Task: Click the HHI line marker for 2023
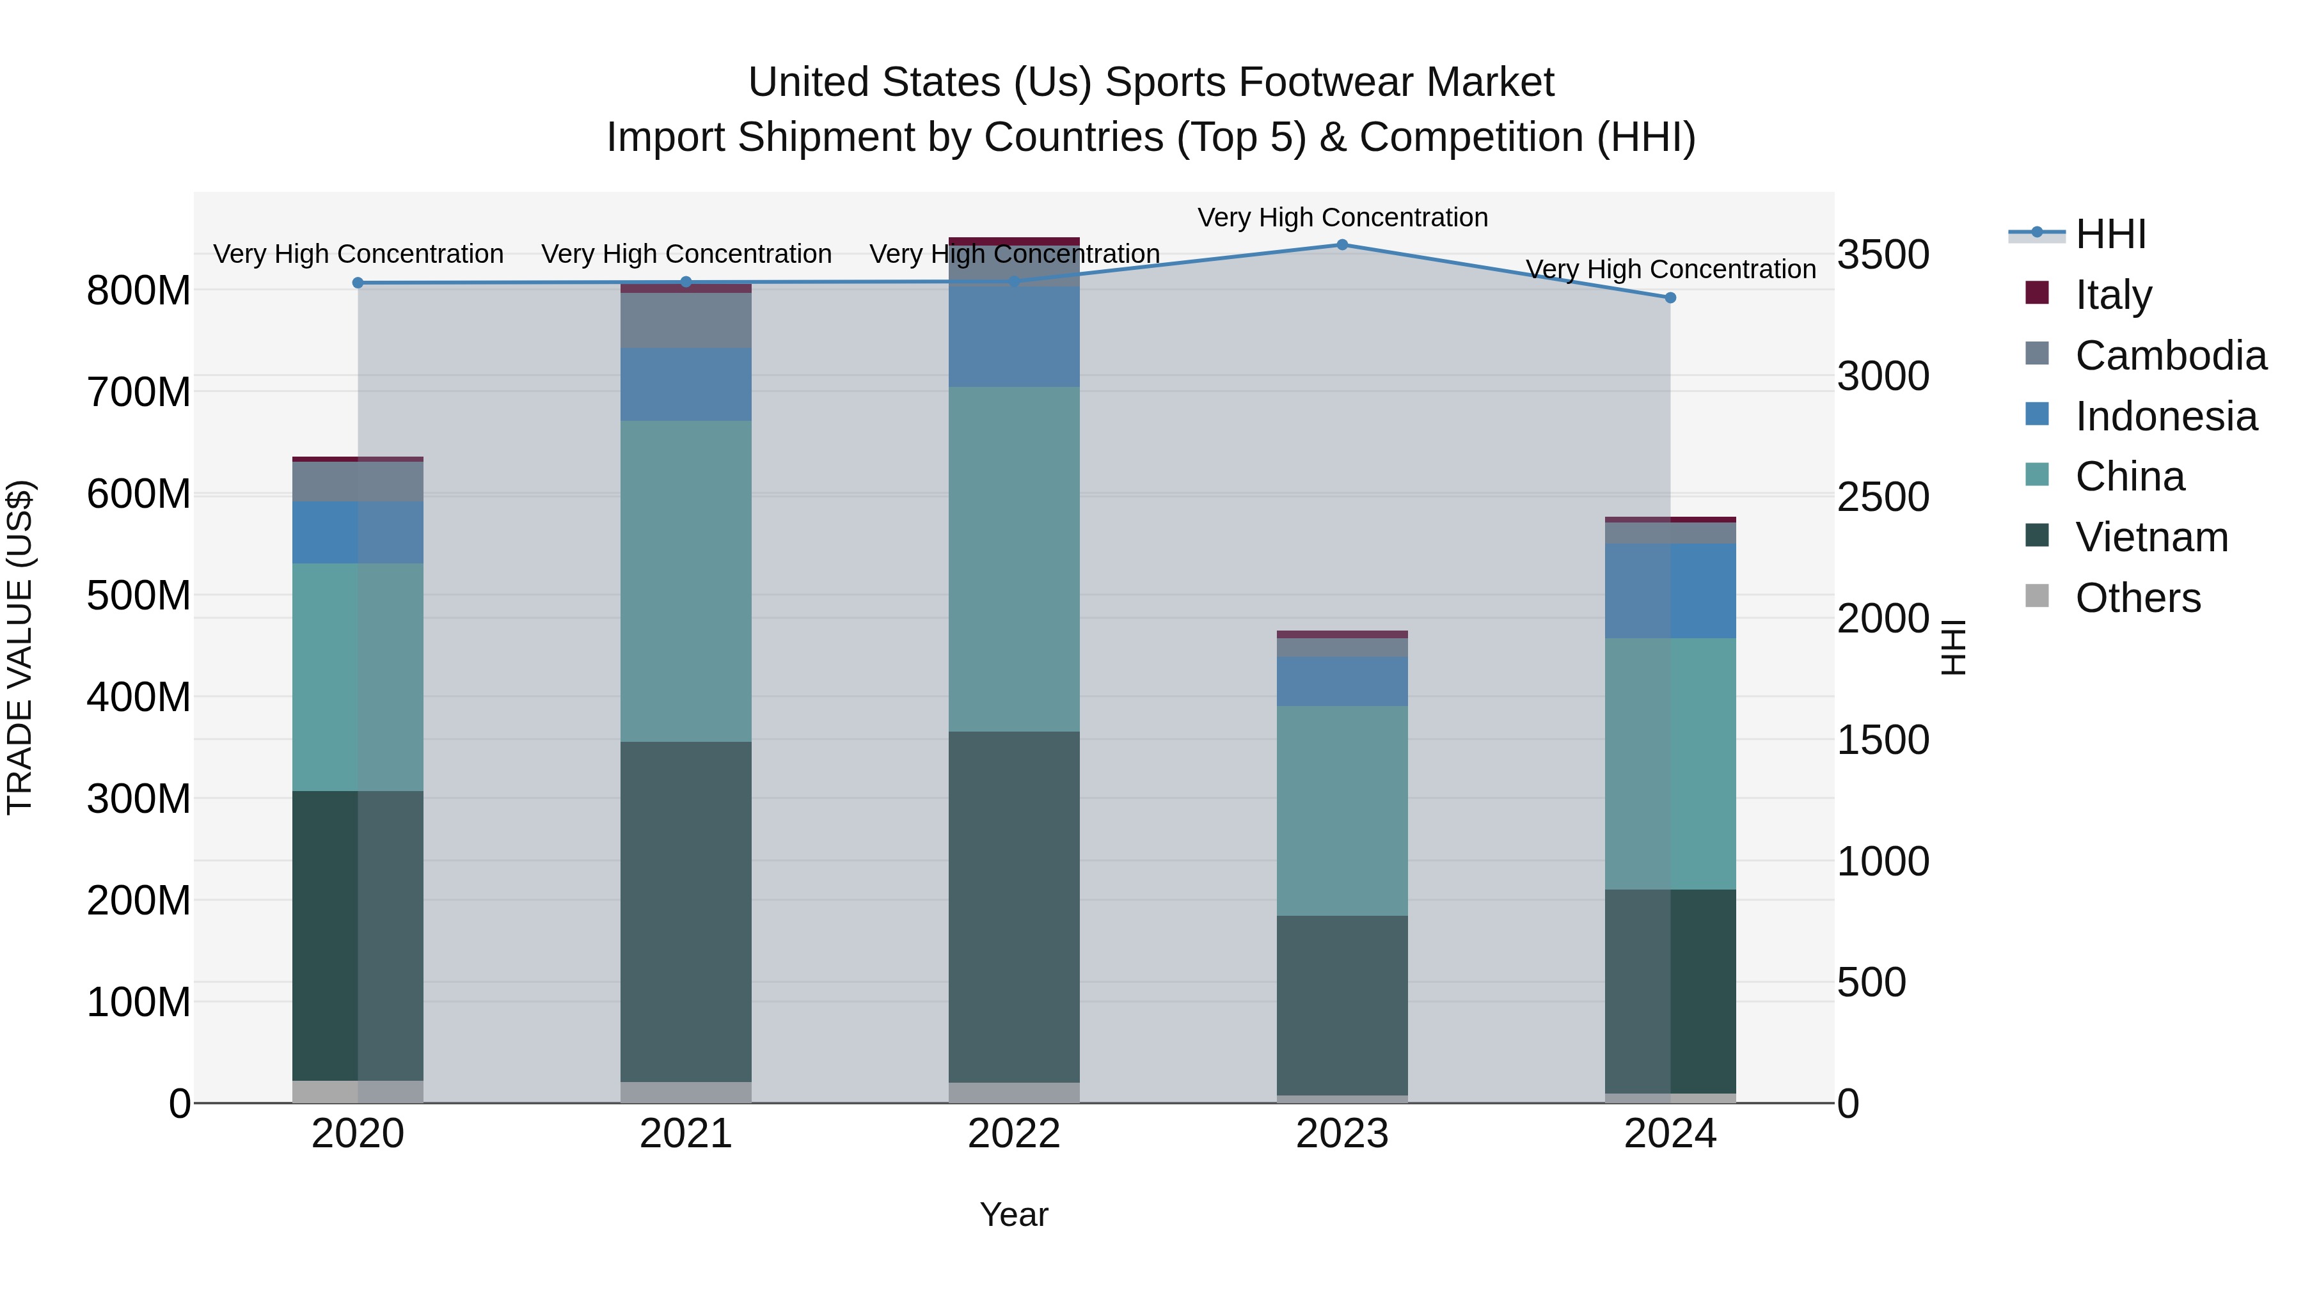point(1342,245)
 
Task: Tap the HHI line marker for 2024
point(1670,297)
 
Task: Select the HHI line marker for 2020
point(358,283)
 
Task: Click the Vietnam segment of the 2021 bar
point(686,911)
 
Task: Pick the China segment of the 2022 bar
point(1014,558)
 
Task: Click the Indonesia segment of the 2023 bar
point(1342,681)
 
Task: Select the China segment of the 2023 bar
point(1342,811)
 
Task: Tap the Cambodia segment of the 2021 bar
point(686,320)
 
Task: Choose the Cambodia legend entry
point(2170,356)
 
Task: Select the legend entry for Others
point(2137,598)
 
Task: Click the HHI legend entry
point(2110,234)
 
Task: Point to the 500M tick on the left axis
point(139,595)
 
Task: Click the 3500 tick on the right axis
point(1883,255)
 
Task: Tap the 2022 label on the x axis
point(1014,1134)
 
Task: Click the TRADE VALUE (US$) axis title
point(20,647)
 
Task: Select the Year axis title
point(1014,1214)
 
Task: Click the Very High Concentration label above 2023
point(1342,217)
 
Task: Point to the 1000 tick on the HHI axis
point(1883,861)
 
